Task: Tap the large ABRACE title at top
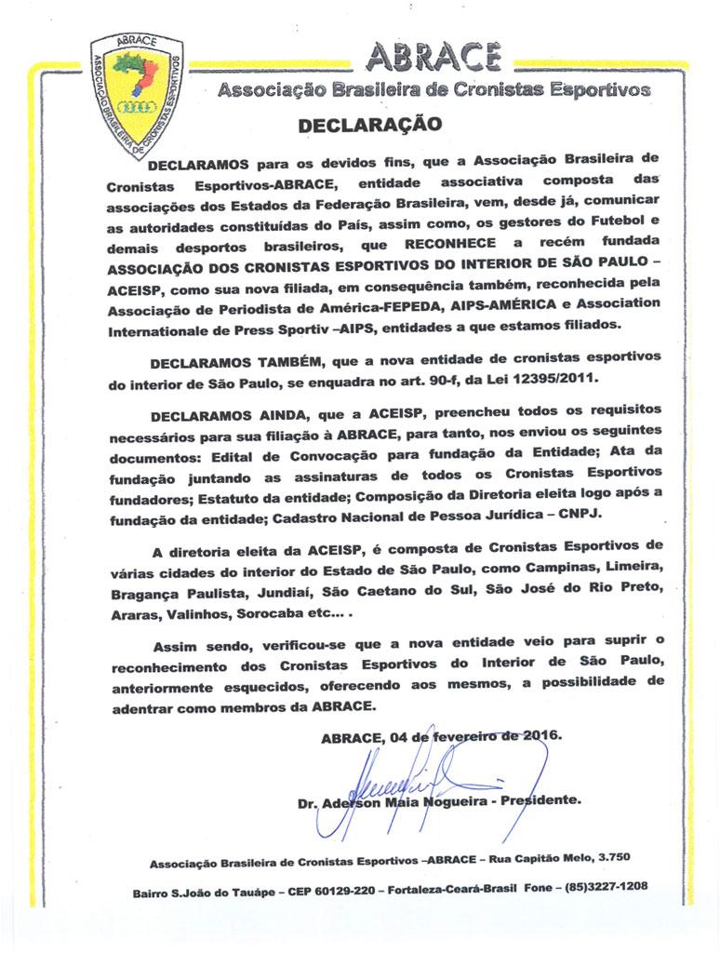(434, 59)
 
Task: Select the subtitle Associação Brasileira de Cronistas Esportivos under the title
(433, 91)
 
